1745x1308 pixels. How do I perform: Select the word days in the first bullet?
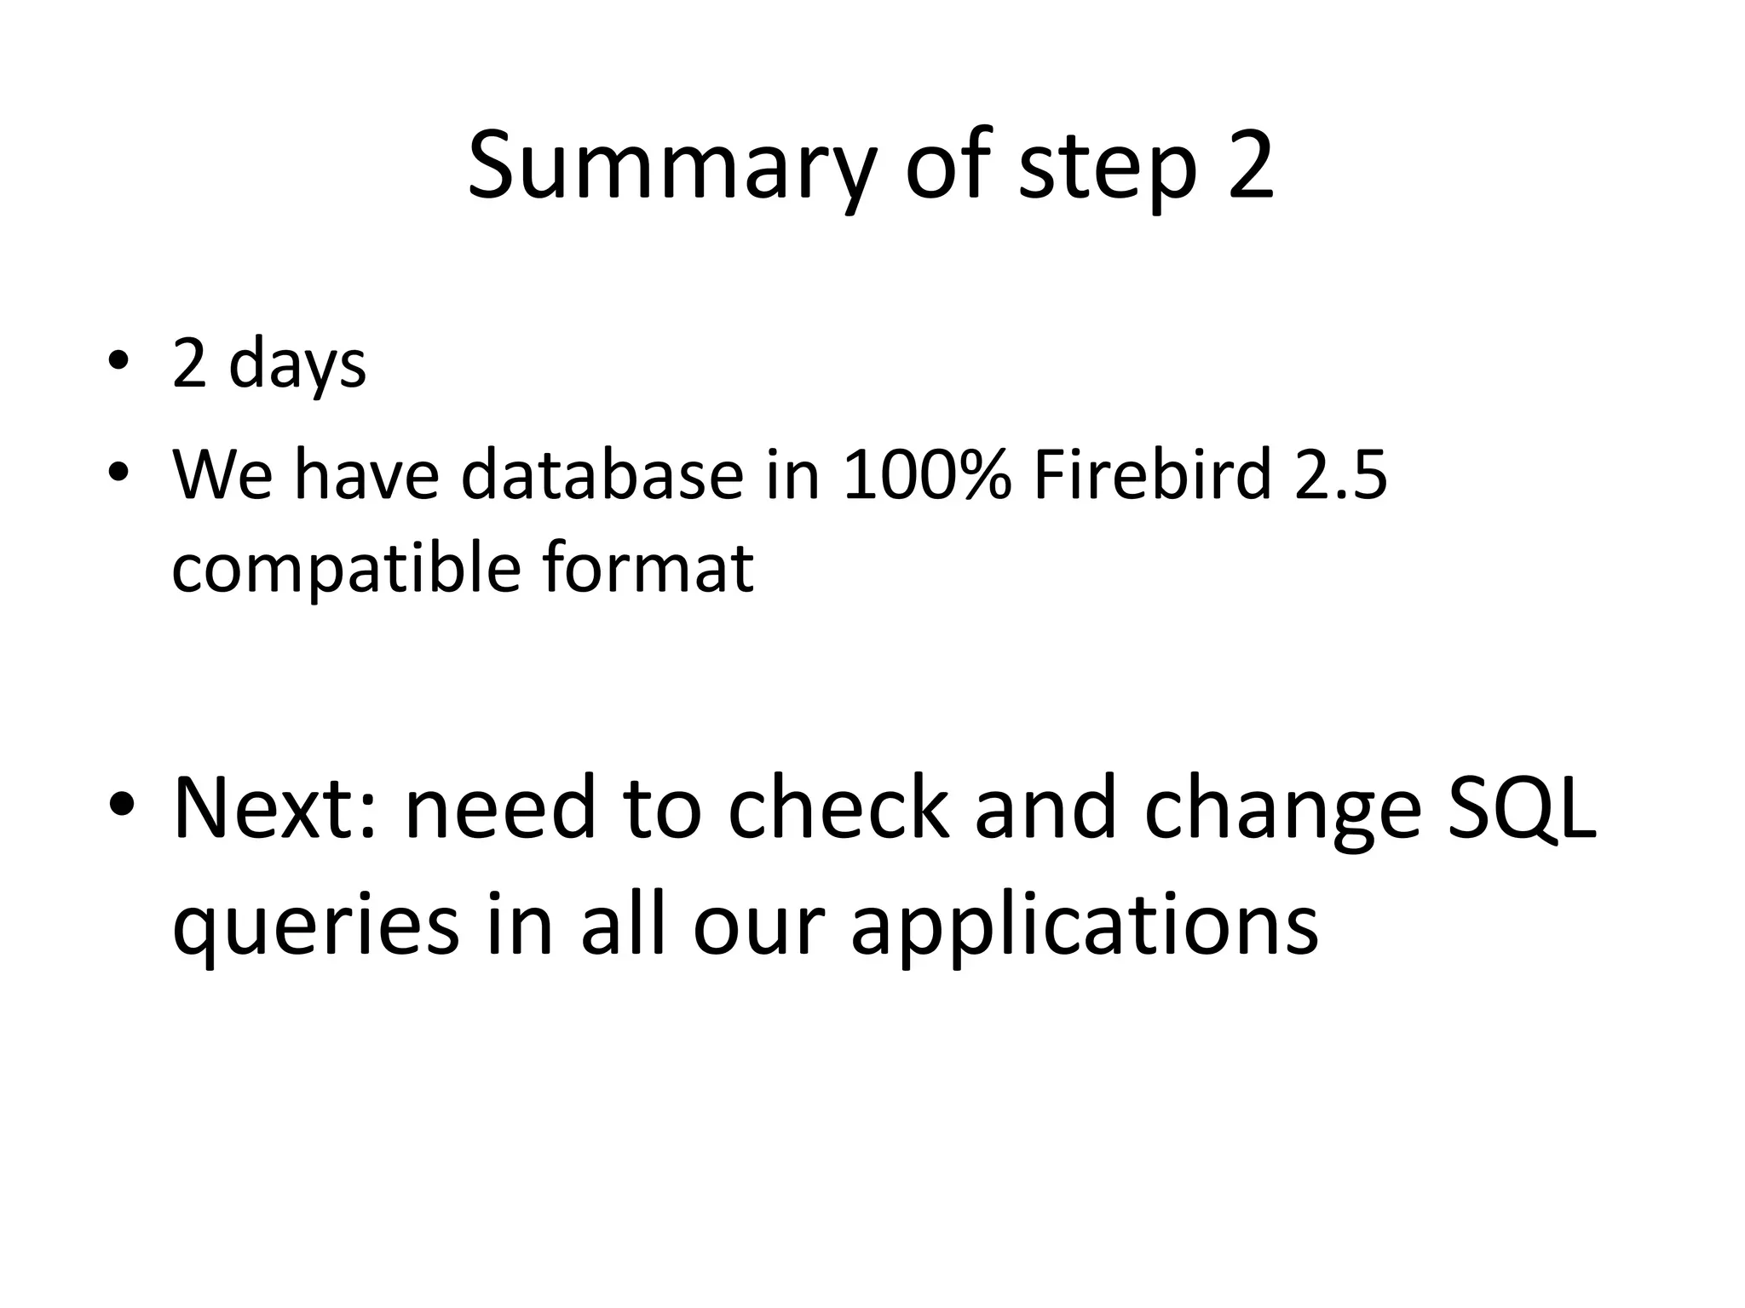click(x=297, y=365)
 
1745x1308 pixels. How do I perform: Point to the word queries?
click(x=316, y=926)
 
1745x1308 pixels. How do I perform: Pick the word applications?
click(x=1085, y=926)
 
